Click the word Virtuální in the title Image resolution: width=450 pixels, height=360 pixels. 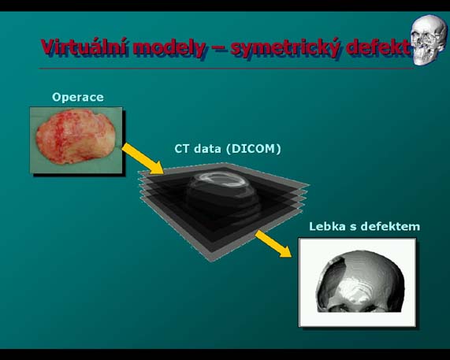(x=83, y=47)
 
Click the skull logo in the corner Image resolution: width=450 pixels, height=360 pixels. (x=429, y=39)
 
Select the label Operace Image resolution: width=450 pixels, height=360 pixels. (x=78, y=97)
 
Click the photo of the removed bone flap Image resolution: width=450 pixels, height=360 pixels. (x=76, y=140)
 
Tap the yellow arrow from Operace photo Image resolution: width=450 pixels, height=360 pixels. (x=143, y=159)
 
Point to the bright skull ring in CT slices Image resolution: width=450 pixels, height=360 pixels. (x=221, y=180)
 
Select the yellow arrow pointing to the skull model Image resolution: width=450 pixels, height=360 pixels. (x=273, y=243)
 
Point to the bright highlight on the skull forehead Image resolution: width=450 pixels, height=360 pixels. (x=356, y=290)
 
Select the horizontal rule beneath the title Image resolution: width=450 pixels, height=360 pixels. (x=226, y=69)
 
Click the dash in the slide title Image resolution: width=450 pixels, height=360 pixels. (x=218, y=49)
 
